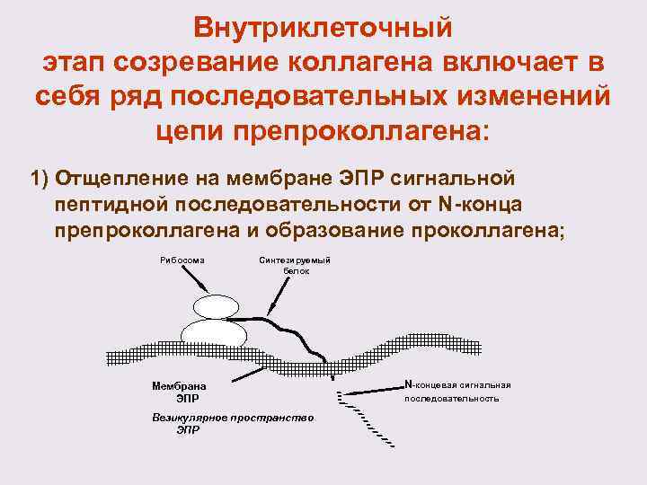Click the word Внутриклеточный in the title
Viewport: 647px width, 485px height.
(323, 29)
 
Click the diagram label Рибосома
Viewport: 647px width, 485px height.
(183, 260)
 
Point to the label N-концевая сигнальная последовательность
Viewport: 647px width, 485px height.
(458, 391)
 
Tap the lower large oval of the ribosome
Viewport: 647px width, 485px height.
(213, 336)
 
